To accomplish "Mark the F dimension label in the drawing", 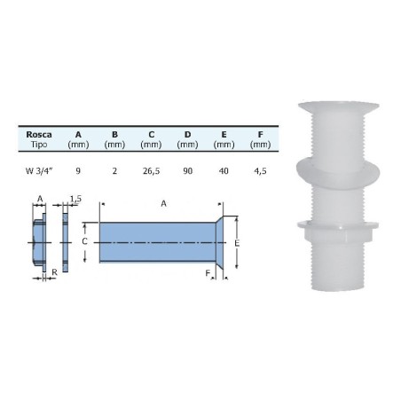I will coord(209,273).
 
